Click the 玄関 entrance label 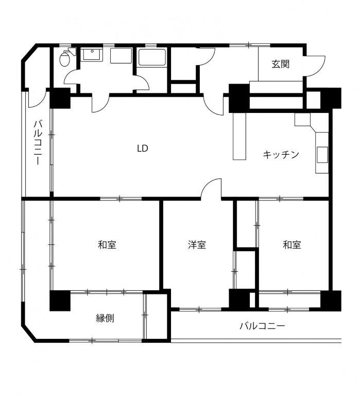pos(280,64)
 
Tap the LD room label pos(143,148)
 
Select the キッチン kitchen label pos(281,154)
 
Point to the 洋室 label pos(197,245)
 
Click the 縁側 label pos(105,318)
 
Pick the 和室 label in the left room pos(107,245)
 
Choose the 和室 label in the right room pos(292,245)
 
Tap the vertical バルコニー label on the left pos(38,143)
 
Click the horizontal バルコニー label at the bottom pos(262,326)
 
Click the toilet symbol pos(67,57)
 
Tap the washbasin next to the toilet pos(92,55)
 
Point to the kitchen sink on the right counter pos(322,155)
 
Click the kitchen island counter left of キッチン pos(239,136)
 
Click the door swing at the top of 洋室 pos(211,188)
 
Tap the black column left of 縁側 pos(60,301)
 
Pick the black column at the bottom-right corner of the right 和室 pos(331,301)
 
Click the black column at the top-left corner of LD pos(60,98)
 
